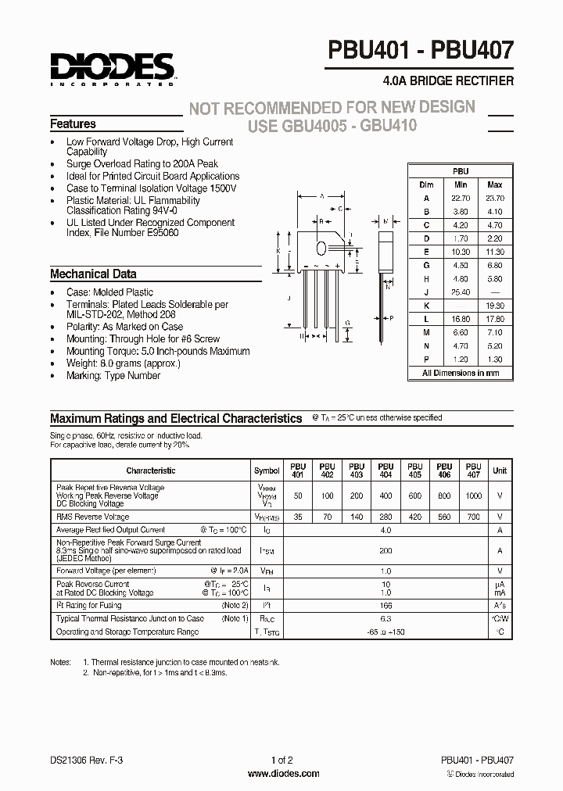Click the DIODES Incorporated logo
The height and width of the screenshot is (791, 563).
[112, 67]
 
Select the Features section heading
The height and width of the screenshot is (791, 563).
[73, 124]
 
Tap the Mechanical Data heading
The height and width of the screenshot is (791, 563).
[93, 274]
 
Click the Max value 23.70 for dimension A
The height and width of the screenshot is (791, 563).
[494, 199]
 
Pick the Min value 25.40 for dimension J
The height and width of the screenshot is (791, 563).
[460, 292]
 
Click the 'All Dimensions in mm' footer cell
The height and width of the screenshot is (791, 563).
[461, 374]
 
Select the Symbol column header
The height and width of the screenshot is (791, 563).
[267, 471]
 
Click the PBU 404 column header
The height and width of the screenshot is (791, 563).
[385, 471]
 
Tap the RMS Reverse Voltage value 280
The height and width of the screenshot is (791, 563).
[385, 517]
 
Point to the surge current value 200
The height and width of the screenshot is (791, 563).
[385, 550]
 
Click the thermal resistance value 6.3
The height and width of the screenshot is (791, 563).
[385, 618]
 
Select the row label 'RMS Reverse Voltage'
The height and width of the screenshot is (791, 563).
[93, 517]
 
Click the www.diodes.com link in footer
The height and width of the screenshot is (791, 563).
[283, 774]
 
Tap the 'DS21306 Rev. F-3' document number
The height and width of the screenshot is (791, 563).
[86, 760]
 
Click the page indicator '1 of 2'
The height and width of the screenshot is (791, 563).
[282, 760]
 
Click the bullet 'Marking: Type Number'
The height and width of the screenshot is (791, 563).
[113, 375]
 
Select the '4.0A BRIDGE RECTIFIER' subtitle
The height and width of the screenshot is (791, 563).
[448, 81]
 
